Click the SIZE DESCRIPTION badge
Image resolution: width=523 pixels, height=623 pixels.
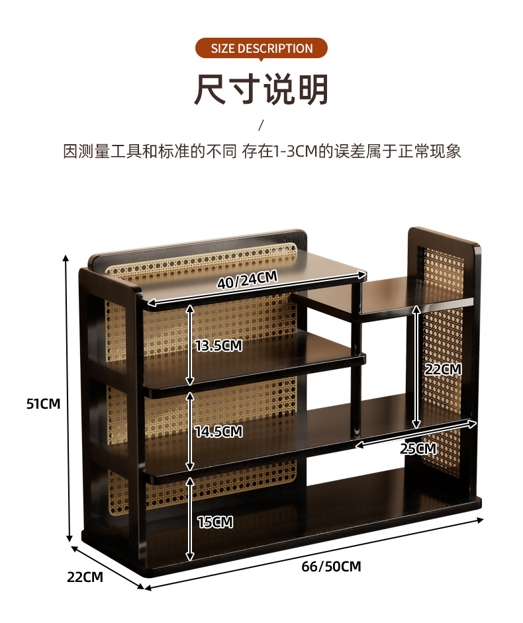pos(261,48)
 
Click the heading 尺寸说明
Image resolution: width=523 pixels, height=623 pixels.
pos(261,90)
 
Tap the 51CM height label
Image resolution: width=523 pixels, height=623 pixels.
pos(43,403)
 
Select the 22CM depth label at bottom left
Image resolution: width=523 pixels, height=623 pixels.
pos(85,577)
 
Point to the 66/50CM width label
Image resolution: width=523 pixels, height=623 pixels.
pos(331,567)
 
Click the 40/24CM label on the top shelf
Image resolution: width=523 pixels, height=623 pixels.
pos(247,280)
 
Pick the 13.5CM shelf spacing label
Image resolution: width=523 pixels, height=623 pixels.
pos(218,345)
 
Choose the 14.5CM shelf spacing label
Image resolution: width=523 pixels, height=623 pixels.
pos(218,432)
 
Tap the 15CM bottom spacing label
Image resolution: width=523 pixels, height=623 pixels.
pos(215,522)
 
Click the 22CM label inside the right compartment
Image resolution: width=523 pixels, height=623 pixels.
pos(443,370)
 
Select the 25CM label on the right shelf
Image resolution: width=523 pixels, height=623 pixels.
pos(418,448)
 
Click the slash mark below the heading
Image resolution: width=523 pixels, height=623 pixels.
pos(261,125)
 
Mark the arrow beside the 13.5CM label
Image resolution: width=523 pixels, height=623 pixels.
pos(191,345)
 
